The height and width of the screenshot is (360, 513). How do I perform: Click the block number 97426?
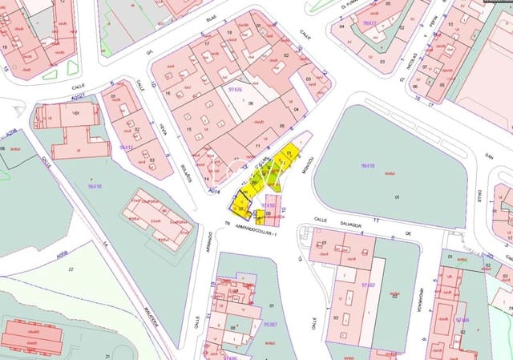tap(236, 89)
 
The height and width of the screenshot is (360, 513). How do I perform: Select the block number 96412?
tap(126, 147)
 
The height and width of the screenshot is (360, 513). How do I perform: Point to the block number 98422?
tap(370, 23)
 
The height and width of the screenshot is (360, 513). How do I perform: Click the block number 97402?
tap(368, 284)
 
